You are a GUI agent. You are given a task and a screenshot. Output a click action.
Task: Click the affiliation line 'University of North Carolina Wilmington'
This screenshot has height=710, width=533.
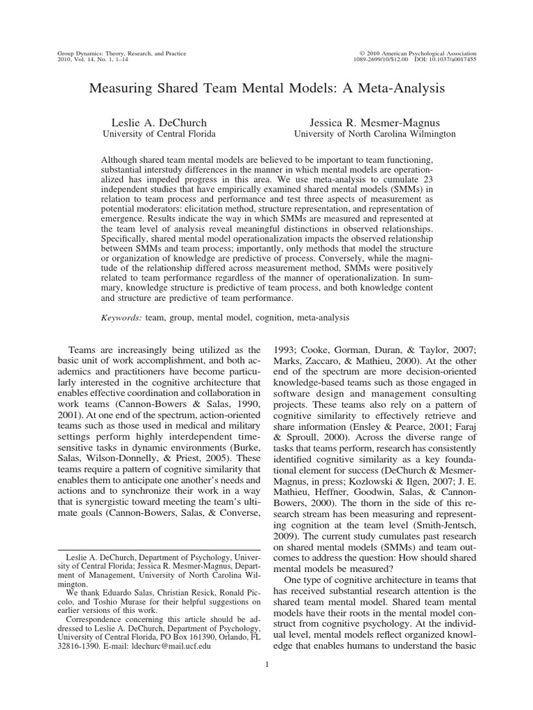[374, 133]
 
